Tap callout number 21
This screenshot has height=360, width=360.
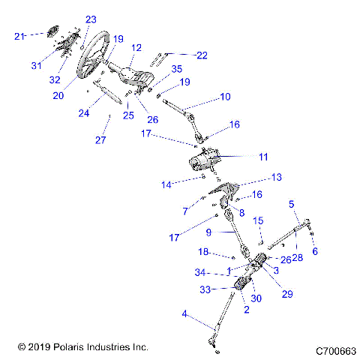point(20,35)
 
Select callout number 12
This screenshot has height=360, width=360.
point(136,47)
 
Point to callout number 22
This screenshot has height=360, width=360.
point(202,55)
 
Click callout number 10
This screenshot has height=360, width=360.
point(225,97)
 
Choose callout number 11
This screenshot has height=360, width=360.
point(263,157)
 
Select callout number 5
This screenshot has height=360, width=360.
point(292,203)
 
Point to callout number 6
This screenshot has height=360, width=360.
point(315,251)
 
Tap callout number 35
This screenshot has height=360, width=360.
point(177,68)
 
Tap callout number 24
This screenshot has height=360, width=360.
point(83,113)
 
